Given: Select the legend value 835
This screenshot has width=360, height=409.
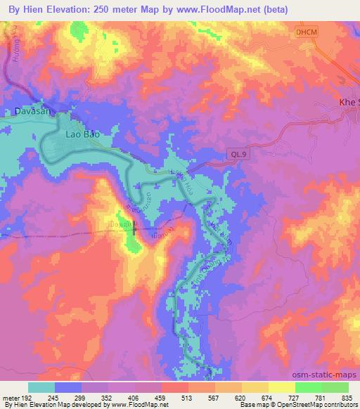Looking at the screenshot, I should click(348, 397).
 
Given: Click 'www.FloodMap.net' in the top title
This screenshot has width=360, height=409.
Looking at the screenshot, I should click(215, 9).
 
